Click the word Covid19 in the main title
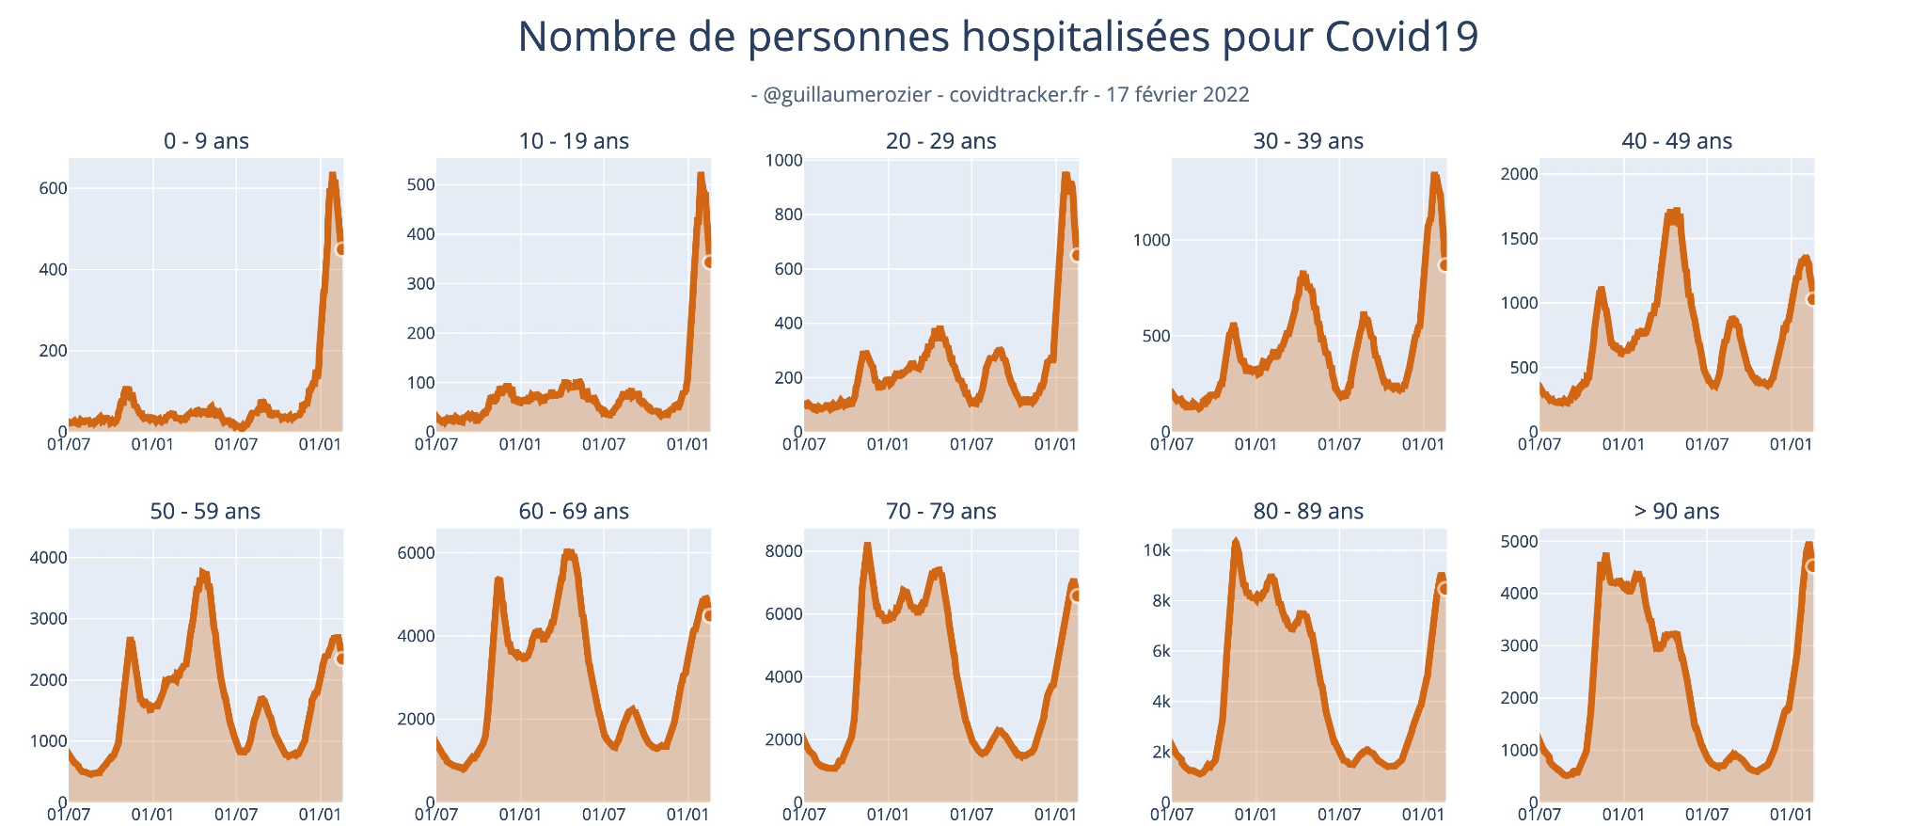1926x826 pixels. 1401,37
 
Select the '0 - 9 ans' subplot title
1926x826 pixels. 206,141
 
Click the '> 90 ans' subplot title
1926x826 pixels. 1676,511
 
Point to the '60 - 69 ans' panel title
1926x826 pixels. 574,511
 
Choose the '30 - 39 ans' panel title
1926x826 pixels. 1308,141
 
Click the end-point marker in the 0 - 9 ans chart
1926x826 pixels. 341,248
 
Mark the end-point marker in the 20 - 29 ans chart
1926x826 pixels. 1077,255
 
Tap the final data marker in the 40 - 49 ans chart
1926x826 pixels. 1812,298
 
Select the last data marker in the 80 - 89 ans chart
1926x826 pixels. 1444,588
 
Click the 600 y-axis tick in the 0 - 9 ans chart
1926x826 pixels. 53,188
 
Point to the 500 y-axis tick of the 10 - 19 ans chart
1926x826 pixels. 420,184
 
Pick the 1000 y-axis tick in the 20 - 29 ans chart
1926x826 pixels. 784,160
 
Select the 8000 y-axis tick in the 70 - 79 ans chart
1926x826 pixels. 784,550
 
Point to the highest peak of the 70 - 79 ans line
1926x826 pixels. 867,545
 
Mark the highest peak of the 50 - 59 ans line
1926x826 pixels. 202,571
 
